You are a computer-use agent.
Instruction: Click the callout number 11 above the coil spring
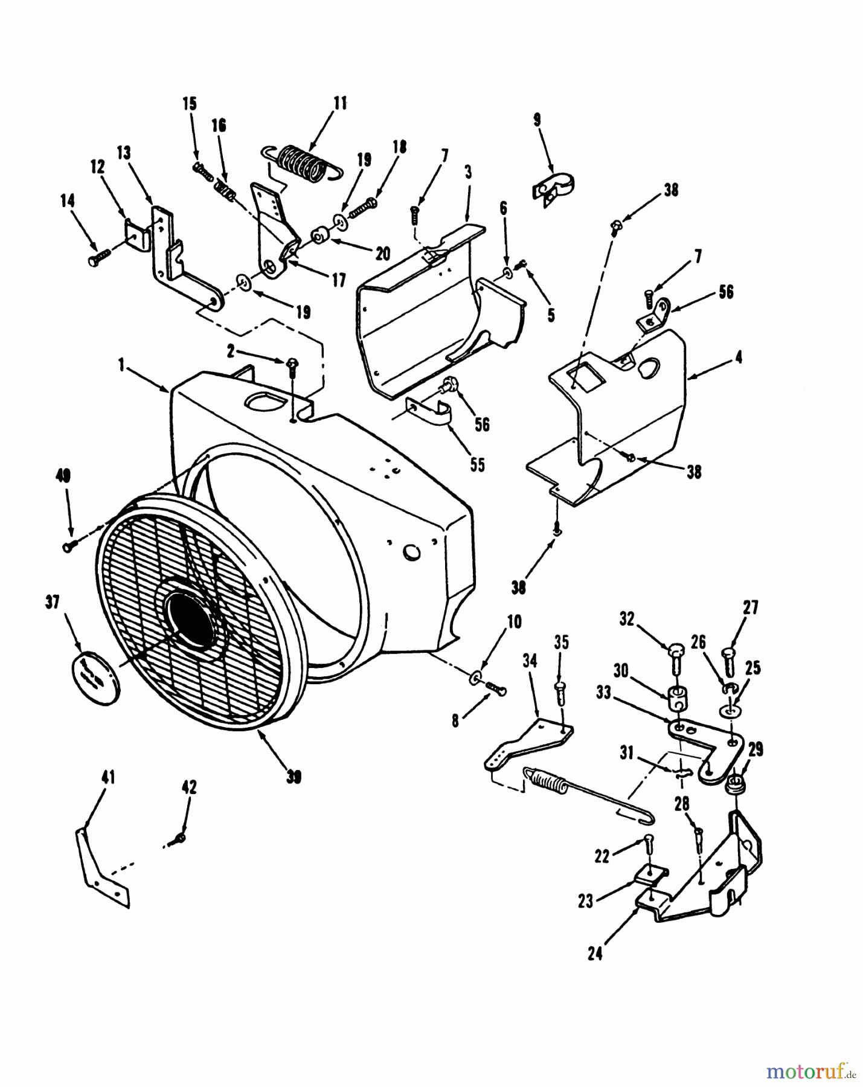tap(341, 103)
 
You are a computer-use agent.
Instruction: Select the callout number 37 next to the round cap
tap(53, 602)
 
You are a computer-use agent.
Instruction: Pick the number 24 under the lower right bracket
tap(595, 955)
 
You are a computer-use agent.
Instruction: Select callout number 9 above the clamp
tap(537, 120)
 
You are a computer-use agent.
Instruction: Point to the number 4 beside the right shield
tap(739, 358)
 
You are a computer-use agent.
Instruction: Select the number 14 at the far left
tap(68, 200)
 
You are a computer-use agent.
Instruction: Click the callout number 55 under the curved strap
tap(477, 466)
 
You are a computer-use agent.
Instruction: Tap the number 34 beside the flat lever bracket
tap(530, 661)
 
